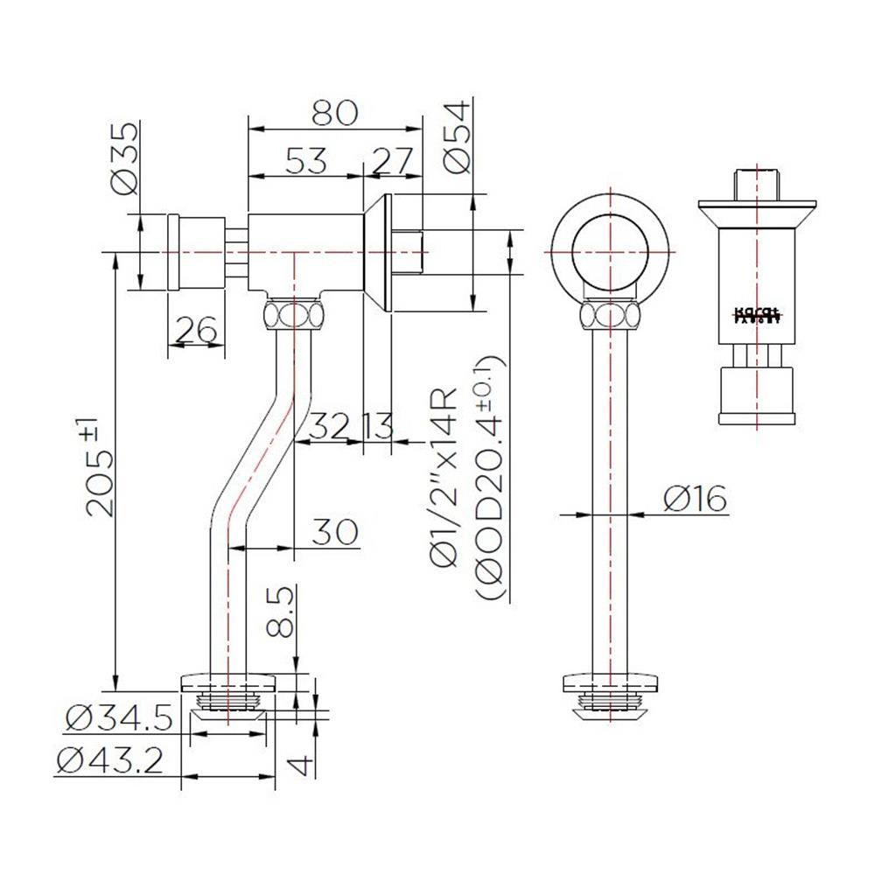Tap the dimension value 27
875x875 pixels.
tap(393, 160)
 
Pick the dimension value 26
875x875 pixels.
tap(197, 330)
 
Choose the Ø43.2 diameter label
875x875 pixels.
tap(110, 760)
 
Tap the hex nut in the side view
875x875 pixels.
tap(293, 314)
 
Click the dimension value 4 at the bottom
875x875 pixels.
tap(301, 764)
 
